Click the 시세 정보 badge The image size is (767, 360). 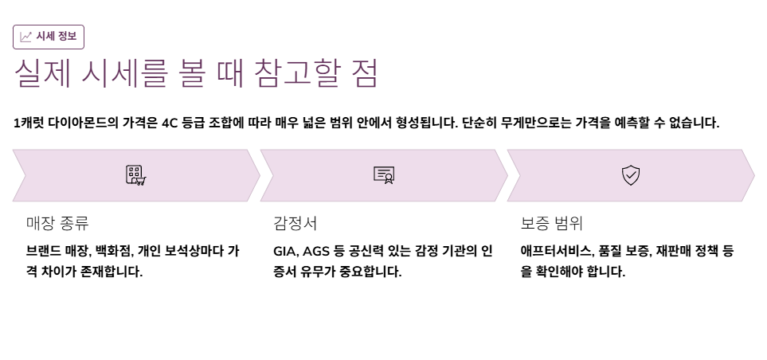49,37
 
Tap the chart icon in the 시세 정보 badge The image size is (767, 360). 26,37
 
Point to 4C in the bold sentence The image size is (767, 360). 170,123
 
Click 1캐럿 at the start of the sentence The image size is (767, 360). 29,123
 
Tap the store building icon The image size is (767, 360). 135,175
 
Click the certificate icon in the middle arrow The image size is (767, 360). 384,175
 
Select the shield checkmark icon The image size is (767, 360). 631,175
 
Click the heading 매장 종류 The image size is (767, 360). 57,223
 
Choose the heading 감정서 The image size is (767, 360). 295,223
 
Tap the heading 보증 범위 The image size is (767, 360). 552,223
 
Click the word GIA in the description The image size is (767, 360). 284,251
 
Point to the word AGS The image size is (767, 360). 316,251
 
